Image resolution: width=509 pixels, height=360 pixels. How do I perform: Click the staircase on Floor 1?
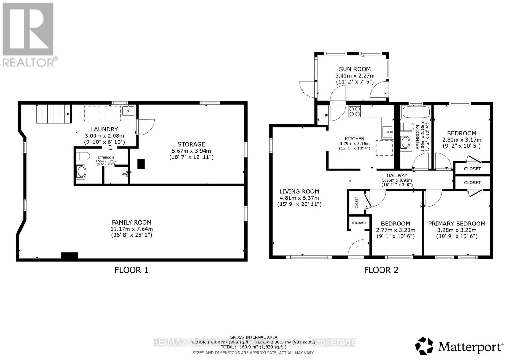tap(53, 114)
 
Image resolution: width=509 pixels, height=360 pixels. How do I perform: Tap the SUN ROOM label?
tap(355, 69)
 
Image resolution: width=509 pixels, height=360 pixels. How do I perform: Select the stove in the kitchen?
tap(355, 111)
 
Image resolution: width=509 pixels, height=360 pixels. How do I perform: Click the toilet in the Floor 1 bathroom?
tap(82, 156)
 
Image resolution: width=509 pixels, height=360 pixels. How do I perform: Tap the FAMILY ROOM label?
tap(131, 223)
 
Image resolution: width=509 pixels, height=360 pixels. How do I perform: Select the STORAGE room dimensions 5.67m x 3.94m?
tap(191, 151)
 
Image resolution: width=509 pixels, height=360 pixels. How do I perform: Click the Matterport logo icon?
tap(425, 346)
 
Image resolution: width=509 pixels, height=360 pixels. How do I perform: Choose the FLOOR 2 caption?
tap(381, 270)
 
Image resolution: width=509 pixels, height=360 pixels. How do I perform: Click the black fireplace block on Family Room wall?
tap(70, 255)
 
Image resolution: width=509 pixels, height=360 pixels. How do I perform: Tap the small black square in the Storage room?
tap(141, 164)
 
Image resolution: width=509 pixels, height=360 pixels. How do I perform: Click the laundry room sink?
tap(129, 111)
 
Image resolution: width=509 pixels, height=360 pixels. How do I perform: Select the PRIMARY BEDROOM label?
tap(457, 224)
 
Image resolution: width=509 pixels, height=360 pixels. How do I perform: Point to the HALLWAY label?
tap(397, 175)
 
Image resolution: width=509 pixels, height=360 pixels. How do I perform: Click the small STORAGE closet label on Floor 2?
tap(359, 223)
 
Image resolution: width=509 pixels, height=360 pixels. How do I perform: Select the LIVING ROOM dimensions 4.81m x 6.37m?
tap(299, 198)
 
